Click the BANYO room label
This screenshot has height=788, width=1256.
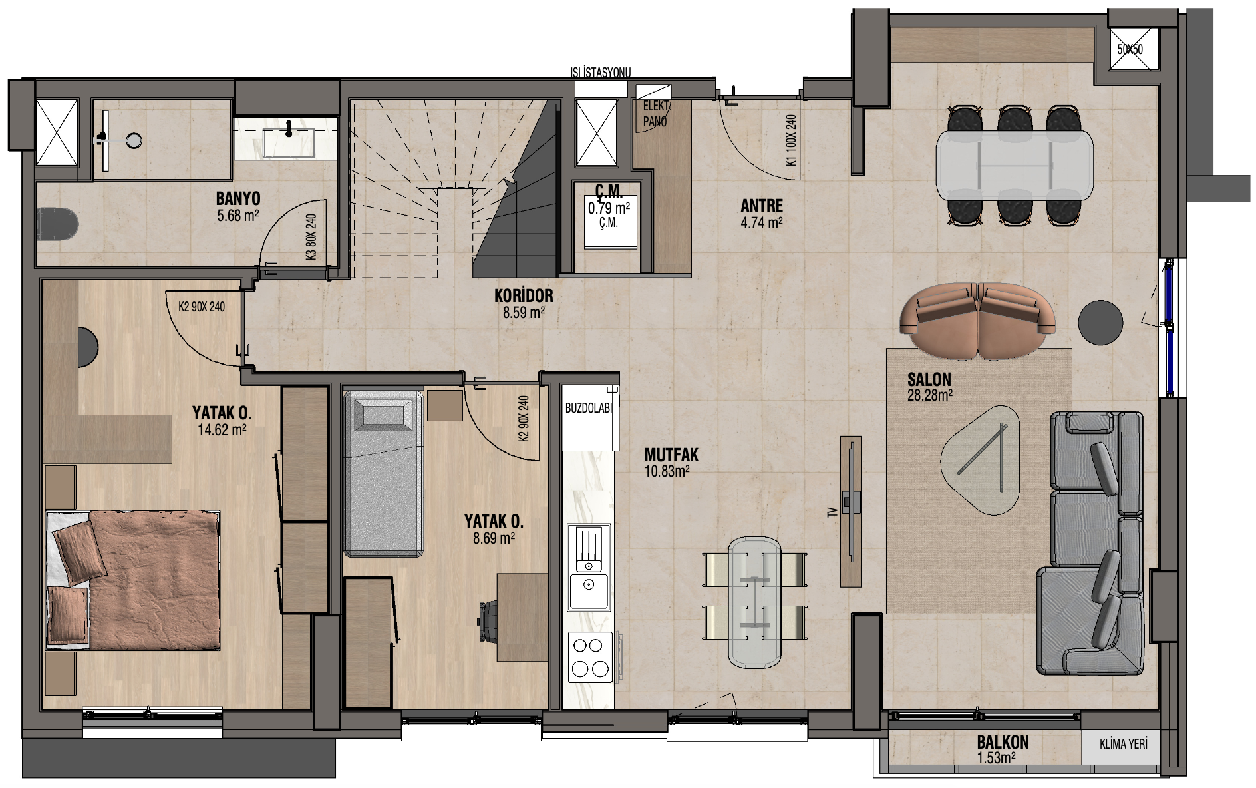[x=238, y=198]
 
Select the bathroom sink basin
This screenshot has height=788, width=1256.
[x=289, y=142]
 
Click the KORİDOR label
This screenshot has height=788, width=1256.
[x=524, y=295]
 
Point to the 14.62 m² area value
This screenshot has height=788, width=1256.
[x=222, y=430]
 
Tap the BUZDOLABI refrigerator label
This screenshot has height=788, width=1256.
[x=588, y=408]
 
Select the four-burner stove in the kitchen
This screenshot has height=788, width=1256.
[x=590, y=657]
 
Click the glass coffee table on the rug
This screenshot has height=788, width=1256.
[x=981, y=459]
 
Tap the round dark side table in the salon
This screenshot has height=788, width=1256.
[x=1100, y=322]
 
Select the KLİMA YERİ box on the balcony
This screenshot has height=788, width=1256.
[x=1123, y=744]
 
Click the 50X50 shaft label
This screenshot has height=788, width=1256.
[x=1130, y=49]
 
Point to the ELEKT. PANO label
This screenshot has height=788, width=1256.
[x=656, y=114]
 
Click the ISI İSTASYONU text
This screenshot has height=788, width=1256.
[x=601, y=73]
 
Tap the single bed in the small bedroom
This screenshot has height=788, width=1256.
[x=384, y=473]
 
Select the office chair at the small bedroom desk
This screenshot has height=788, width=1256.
[x=489, y=622]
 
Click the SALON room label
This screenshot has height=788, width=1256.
[x=929, y=379]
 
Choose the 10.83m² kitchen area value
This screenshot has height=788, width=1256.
[x=667, y=471]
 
